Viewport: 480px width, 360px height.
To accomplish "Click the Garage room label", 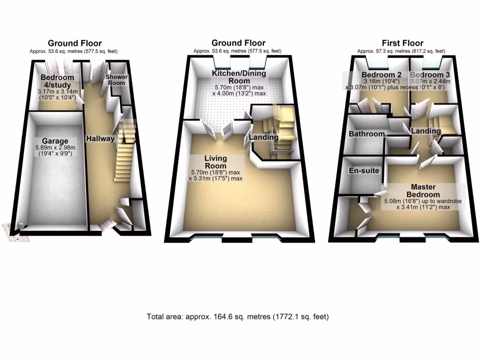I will click(x=54, y=141).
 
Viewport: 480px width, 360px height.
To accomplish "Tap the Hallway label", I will click(x=100, y=139).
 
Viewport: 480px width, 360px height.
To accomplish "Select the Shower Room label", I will click(x=116, y=80).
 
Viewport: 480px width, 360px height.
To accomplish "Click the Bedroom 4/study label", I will click(x=57, y=81).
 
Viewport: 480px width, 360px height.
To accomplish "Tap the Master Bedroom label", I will click(x=423, y=191).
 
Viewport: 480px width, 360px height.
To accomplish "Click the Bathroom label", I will click(x=366, y=134).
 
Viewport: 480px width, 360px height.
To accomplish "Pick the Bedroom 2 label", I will click(x=381, y=75).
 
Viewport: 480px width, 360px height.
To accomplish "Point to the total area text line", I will click(x=238, y=317).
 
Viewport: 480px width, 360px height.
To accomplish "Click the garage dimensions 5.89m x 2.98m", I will click(x=54, y=149).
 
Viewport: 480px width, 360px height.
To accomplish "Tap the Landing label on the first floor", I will click(x=426, y=131).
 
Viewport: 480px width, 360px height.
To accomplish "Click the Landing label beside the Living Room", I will click(x=263, y=137).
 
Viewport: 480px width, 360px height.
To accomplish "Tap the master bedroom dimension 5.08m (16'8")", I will click(x=403, y=201).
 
